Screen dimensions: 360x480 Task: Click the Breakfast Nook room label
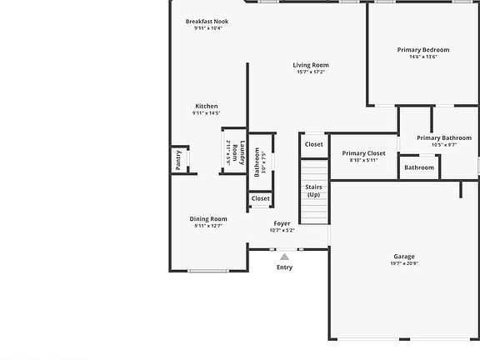coord(207,21)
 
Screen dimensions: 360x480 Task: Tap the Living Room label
coord(311,65)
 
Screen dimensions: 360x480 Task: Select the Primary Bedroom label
coord(422,50)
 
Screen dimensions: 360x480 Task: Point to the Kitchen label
coord(207,106)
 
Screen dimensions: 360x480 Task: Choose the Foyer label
coord(282,223)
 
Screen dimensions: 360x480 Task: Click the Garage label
coord(404,256)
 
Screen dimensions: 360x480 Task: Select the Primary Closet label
coord(363,153)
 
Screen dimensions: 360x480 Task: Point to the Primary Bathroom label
coord(444,137)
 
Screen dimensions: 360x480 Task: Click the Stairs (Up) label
coord(313,190)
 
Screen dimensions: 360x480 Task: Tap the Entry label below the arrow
coord(285,267)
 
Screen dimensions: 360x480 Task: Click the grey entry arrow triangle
coord(285,257)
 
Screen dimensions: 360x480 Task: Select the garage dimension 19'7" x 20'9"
coord(404,263)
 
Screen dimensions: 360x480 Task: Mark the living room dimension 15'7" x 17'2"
coord(311,72)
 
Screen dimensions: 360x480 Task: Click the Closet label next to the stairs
coord(313,144)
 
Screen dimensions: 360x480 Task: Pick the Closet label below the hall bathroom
coord(261,198)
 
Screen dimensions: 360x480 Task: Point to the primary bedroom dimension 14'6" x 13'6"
coord(422,57)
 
